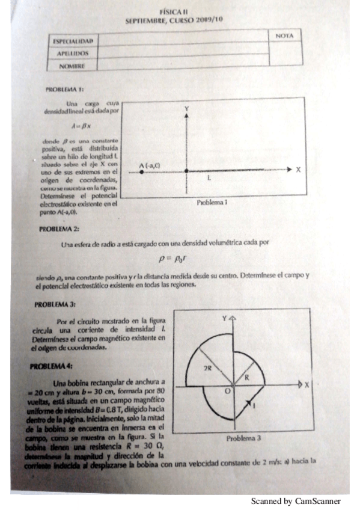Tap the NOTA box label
click(284, 36)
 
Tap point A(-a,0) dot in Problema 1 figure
click(141, 171)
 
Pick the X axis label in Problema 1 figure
click(297, 170)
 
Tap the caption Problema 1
click(212, 203)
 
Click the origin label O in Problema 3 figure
click(227, 391)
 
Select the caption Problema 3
click(243, 438)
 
